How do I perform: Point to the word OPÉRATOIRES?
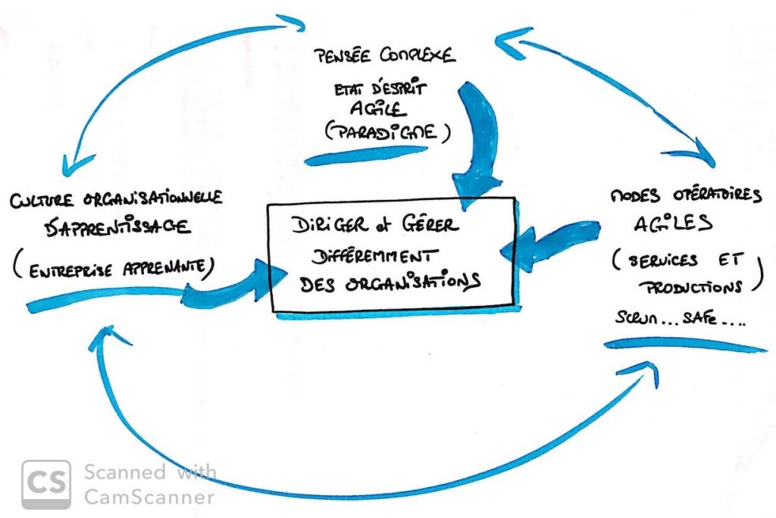click(x=697, y=195)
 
